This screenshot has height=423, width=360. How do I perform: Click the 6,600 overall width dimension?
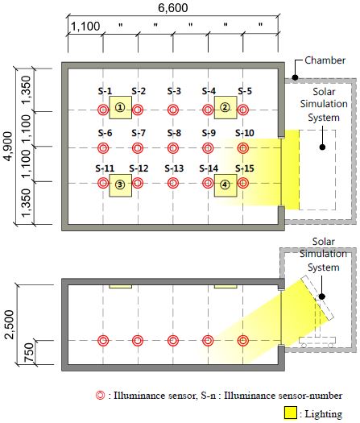tap(173, 7)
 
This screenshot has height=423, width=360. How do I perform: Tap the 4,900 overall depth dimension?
tap(8, 147)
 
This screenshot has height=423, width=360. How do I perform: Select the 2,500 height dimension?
tap(10, 325)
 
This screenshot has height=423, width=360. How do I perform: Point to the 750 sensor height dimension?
tap(28, 353)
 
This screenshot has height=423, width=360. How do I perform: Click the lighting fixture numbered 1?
tap(120, 108)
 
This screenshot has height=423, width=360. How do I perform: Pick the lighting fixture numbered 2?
tap(226, 108)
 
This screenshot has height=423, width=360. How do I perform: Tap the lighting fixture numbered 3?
tap(120, 185)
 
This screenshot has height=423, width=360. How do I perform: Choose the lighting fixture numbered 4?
tap(226, 185)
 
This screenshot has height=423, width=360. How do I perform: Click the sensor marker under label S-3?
tap(173, 110)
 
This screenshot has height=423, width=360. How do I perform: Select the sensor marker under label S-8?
tap(173, 148)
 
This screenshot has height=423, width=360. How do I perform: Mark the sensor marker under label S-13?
tap(173, 183)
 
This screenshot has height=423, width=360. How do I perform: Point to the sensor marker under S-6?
tap(103, 148)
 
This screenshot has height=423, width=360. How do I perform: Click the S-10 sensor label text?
tap(245, 133)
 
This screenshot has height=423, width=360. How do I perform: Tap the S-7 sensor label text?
tap(139, 133)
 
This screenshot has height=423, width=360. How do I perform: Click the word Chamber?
tap(325, 60)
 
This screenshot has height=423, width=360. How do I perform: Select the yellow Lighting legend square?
tap(291, 413)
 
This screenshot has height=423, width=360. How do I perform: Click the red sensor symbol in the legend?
tap(101, 396)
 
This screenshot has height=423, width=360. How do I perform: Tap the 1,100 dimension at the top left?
tap(85, 27)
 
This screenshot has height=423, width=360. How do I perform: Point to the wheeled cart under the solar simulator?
tap(317, 342)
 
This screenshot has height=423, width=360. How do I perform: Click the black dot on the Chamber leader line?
tap(295, 77)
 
